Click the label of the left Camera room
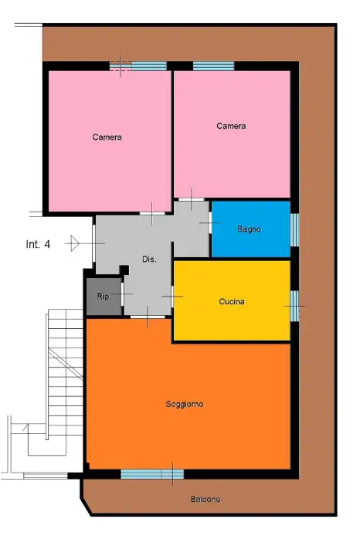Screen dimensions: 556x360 click(x=107, y=137)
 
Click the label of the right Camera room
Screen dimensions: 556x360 click(x=231, y=126)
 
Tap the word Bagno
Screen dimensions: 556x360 click(x=249, y=229)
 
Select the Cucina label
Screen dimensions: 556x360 click(x=232, y=302)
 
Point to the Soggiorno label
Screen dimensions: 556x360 click(x=185, y=404)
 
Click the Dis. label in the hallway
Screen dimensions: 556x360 click(x=149, y=259)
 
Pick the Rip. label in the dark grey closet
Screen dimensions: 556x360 click(x=104, y=297)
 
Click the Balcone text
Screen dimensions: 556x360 click(x=205, y=500)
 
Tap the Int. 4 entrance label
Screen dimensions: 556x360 click(x=38, y=244)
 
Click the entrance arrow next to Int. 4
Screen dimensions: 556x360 click(x=73, y=243)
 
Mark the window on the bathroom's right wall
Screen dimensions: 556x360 click(x=294, y=229)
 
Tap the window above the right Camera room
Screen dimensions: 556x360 click(x=213, y=66)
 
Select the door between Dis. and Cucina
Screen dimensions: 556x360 click(x=172, y=296)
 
